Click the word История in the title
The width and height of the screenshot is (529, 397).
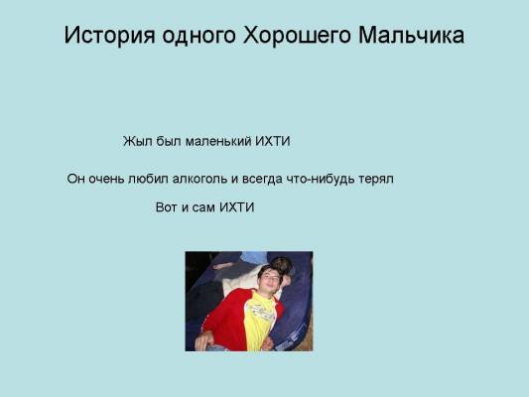click(x=109, y=36)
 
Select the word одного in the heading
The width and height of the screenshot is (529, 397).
click(x=198, y=36)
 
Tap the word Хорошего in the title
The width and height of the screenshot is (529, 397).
click(x=297, y=36)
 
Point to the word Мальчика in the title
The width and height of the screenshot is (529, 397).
click(x=411, y=35)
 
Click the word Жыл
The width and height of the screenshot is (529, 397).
click(x=137, y=141)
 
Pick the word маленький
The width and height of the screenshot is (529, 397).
click(x=218, y=141)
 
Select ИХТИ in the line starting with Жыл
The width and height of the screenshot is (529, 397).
click(x=273, y=141)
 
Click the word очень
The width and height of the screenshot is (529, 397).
click(x=106, y=179)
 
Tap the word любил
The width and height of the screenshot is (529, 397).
click(x=148, y=178)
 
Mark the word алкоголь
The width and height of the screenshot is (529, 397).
click(x=199, y=178)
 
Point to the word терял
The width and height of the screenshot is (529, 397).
click(x=376, y=179)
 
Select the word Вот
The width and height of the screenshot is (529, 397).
click(x=167, y=207)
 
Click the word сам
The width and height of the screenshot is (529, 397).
click(x=203, y=207)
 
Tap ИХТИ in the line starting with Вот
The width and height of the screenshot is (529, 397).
click(x=237, y=207)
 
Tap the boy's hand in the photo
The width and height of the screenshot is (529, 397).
click(x=203, y=340)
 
